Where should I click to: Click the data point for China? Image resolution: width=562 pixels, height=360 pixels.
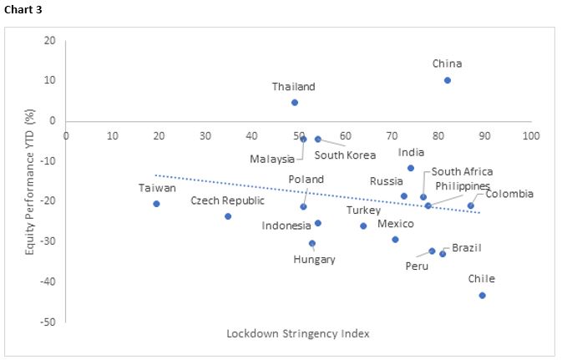pos(448,80)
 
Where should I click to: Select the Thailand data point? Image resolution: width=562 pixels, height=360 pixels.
pos(295,103)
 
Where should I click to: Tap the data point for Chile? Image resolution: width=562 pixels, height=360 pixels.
pos(482,295)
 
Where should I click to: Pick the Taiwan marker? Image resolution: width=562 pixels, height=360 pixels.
pos(156,204)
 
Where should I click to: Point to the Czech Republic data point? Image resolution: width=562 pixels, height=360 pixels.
pos(228,216)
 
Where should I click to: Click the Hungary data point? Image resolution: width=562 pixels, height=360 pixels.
pos(312,244)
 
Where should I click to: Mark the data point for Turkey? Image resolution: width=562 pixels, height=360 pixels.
pos(363,226)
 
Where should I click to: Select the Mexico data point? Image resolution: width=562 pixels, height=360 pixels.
pos(395,239)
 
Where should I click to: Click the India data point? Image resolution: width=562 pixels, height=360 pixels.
pos(411,168)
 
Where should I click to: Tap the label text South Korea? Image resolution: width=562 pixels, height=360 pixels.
pos(345,155)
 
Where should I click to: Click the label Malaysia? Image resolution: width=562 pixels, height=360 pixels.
pos(272,159)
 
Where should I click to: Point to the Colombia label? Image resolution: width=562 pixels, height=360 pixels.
pos(509,194)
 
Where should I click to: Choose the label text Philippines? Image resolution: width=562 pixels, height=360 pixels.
pos(461,185)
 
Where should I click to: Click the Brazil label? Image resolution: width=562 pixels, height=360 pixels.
pos(467,248)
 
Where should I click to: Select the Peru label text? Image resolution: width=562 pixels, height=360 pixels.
pos(417,266)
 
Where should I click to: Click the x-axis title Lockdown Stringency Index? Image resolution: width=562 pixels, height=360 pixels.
pos(298,333)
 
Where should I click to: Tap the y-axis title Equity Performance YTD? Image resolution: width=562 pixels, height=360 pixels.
pos(29,180)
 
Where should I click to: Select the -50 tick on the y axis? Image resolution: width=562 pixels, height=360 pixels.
pos(48,322)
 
